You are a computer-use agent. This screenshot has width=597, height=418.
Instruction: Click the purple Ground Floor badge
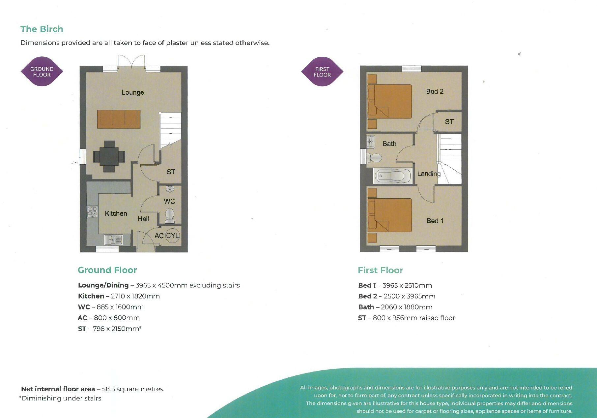(x=42, y=72)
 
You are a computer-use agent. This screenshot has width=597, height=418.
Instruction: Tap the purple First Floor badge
(x=322, y=72)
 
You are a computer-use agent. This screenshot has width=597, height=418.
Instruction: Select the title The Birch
(x=42, y=29)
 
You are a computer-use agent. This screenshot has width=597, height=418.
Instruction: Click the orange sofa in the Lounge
(x=119, y=119)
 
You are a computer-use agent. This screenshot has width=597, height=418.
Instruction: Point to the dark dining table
(x=109, y=156)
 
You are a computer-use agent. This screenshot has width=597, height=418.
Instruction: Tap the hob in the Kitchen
(x=92, y=211)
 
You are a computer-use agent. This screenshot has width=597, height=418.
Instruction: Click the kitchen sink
(x=113, y=240)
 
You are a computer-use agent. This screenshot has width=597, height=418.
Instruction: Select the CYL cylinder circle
(x=172, y=236)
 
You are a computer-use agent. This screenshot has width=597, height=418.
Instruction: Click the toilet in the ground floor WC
(x=170, y=215)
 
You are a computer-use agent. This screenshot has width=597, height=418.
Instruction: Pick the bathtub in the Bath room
(x=393, y=176)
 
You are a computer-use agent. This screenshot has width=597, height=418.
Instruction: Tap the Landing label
(x=429, y=174)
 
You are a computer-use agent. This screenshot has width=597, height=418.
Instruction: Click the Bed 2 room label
(x=435, y=91)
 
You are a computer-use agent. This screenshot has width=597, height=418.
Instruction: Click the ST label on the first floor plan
(x=449, y=122)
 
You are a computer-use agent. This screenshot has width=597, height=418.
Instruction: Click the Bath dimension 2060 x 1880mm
(x=406, y=307)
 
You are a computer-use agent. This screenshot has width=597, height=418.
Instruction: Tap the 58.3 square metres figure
(x=132, y=389)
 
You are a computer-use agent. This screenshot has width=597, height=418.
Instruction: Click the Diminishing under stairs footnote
(x=60, y=398)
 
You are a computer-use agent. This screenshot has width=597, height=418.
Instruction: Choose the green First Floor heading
(x=380, y=270)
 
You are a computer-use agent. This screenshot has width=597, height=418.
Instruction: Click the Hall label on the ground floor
(x=143, y=219)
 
